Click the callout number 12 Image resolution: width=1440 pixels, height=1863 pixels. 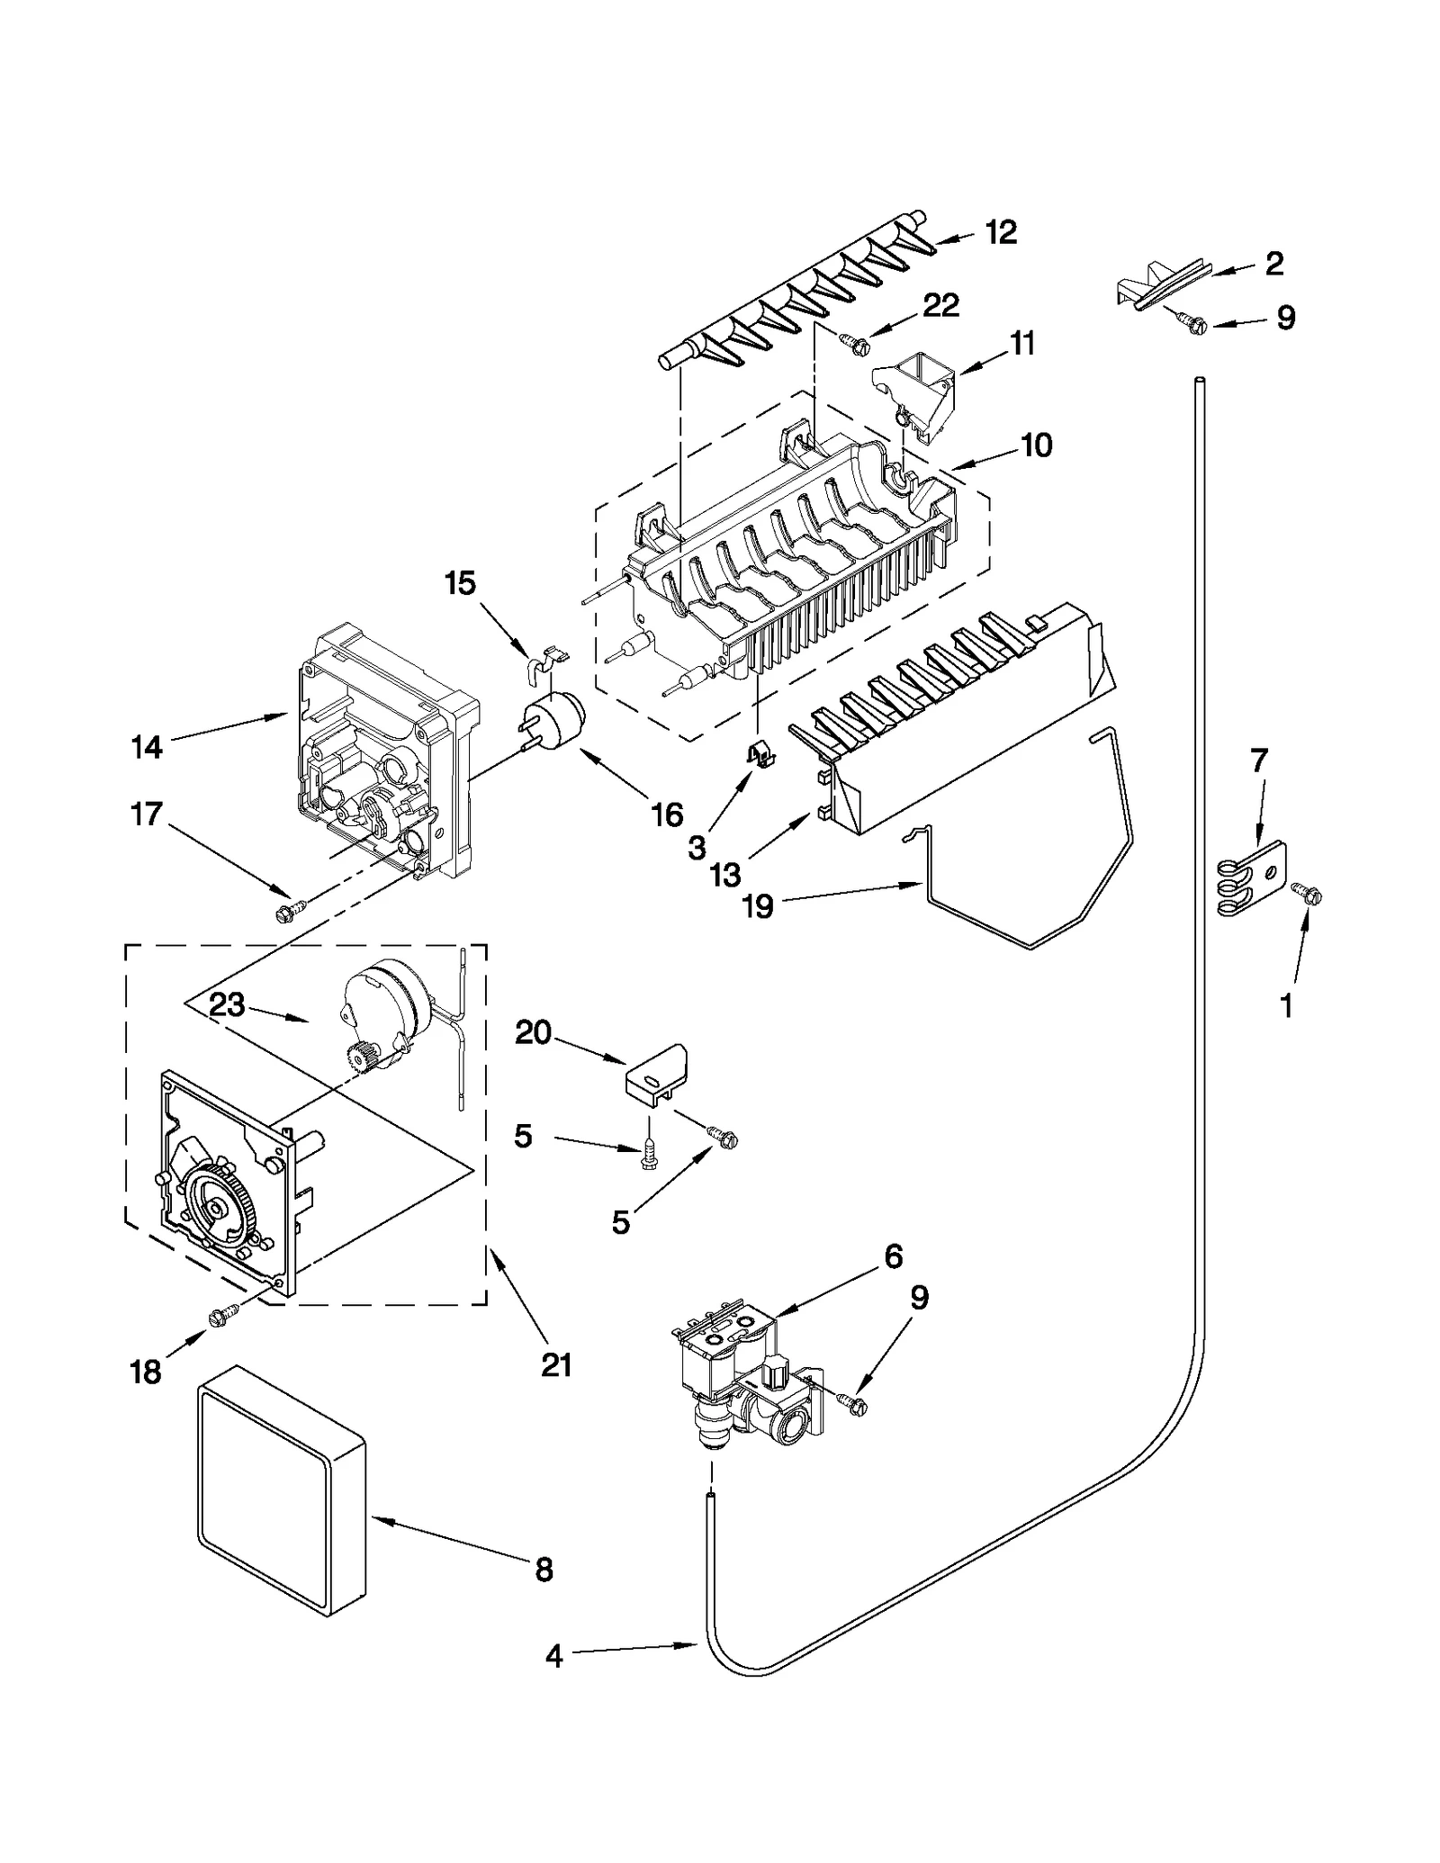pyautogui.click(x=1000, y=232)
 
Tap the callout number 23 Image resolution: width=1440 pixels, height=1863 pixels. pyautogui.click(x=227, y=1004)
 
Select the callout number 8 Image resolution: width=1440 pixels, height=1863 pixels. pyautogui.click(x=544, y=1570)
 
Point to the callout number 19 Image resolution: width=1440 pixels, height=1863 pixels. pyautogui.click(x=758, y=905)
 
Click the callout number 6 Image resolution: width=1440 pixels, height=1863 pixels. pyautogui.click(x=893, y=1256)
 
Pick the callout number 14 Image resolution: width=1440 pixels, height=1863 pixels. pyautogui.click(x=147, y=746)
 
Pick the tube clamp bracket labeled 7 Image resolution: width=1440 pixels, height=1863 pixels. pyautogui.click(x=1253, y=877)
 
